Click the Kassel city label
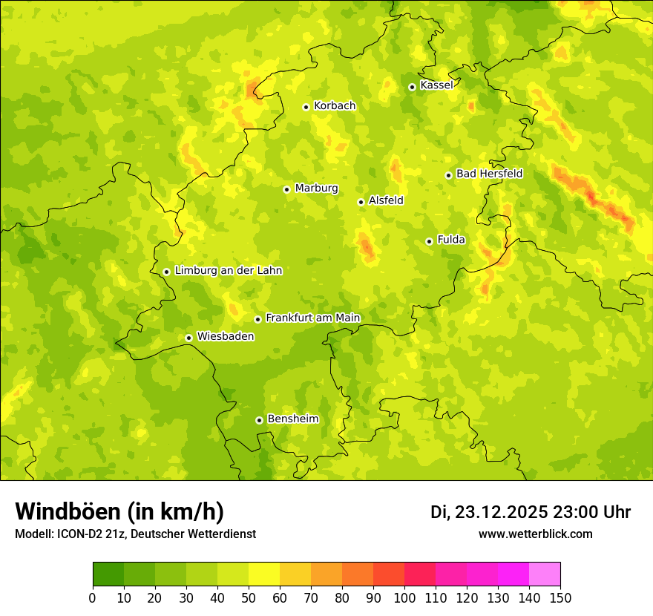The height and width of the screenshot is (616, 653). pyautogui.click(x=436, y=85)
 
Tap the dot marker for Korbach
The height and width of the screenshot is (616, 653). pyautogui.click(x=306, y=107)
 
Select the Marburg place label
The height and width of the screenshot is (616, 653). pyautogui.click(x=316, y=189)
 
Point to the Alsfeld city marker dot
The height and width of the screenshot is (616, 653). pyautogui.click(x=361, y=202)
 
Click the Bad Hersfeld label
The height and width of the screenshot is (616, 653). pyautogui.click(x=489, y=174)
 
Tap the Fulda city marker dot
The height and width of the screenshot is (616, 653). pyautogui.click(x=429, y=241)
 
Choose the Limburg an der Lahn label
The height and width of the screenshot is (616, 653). pyautogui.click(x=228, y=271)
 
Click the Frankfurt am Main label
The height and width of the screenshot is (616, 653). pyautogui.click(x=312, y=318)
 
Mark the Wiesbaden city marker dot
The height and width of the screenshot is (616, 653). pyautogui.click(x=188, y=338)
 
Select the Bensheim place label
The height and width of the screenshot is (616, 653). pyautogui.click(x=292, y=419)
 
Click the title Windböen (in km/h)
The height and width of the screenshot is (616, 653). pyautogui.click(x=119, y=511)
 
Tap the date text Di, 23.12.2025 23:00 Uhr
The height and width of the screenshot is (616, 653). pyautogui.click(x=531, y=512)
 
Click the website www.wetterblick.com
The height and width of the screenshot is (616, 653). pyautogui.click(x=536, y=534)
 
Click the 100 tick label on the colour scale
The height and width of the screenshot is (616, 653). pyautogui.click(x=404, y=597)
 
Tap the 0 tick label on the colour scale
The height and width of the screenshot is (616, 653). pyautogui.click(x=93, y=597)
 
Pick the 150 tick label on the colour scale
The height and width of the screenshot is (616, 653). pyautogui.click(x=560, y=597)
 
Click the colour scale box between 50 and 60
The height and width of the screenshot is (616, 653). pyautogui.click(x=264, y=574)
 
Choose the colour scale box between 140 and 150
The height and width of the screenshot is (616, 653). pyautogui.click(x=545, y=574)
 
